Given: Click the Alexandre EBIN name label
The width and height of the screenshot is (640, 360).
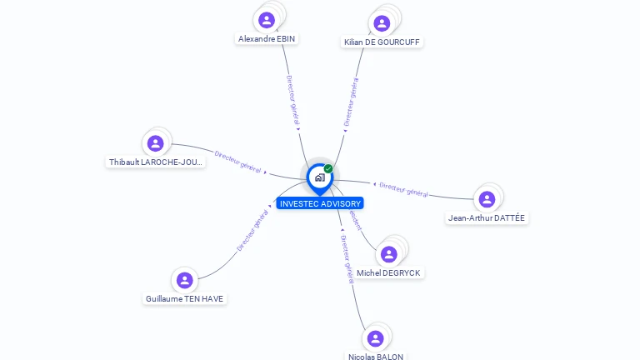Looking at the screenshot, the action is [267, 39].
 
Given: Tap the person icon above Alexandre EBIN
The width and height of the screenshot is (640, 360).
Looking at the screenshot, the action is [267, 20].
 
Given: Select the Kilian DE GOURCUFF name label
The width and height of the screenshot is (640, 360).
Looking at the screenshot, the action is [382, 42].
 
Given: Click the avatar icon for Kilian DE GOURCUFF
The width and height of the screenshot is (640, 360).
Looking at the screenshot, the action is [382, 22].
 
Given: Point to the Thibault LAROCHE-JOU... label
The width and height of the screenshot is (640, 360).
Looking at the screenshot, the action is [156, 162].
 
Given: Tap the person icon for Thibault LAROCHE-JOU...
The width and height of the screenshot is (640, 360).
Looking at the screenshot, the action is [155, 143].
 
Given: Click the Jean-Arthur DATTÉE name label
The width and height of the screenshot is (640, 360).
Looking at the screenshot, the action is [487, 218].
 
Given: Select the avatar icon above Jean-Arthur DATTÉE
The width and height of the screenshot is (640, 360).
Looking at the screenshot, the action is [487, 199].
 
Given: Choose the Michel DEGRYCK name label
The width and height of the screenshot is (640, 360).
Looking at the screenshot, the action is [388, 272].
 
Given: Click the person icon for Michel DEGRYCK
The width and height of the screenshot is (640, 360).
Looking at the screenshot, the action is [388, 254].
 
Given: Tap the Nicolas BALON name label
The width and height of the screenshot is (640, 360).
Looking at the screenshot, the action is [376, 357].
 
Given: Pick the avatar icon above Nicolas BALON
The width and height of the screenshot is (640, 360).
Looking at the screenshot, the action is [375, 337].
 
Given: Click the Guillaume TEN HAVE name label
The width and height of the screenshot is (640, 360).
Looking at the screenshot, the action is [185, 298].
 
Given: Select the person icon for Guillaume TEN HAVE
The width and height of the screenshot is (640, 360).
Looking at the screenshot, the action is [185, 280].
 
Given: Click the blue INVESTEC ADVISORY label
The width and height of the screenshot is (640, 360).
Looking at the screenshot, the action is [320, 203].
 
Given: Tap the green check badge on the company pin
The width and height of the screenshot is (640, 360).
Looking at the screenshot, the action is [328, 169].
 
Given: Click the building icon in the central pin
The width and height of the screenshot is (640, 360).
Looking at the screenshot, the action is [319, 177].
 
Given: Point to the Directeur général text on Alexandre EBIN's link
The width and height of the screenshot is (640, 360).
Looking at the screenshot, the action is [292, 102].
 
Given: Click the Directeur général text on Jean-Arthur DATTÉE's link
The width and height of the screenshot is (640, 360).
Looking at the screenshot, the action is [403, 190].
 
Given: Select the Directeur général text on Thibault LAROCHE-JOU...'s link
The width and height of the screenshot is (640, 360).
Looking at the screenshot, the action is [238, 162].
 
